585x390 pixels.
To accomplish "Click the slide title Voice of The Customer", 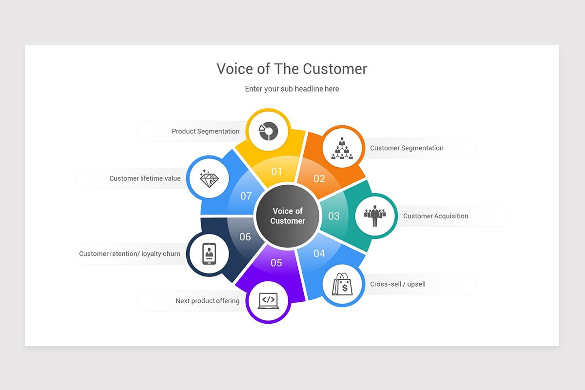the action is coord(292,69).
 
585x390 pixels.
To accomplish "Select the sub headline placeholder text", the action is coord(292,89).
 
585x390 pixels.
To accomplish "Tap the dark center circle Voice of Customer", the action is coord(288,216).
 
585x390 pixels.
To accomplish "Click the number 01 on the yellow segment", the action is coord(276,172).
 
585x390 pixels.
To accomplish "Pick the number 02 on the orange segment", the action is coord(319,179).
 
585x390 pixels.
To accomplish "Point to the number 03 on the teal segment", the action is coord(334,216).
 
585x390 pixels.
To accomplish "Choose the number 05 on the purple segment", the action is coord(276,263).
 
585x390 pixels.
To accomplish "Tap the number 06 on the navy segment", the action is coord(245,236).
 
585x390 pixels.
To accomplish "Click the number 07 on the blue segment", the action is coord(246,196).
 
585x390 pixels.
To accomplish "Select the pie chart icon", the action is coord(268,131).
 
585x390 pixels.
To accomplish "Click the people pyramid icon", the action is coord(342,148).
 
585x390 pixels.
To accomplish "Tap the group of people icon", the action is coord(375,216).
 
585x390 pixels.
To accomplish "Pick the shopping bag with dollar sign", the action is coord(342,284).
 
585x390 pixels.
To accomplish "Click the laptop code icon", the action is coord(268,301).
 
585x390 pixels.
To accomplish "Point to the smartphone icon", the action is coord(209,253).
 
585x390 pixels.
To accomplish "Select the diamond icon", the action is coord(209,179).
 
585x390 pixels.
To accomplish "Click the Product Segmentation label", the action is coord(206,131).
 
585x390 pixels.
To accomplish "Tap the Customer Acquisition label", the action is coord(436,216).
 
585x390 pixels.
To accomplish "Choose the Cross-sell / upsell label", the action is coord(398,284).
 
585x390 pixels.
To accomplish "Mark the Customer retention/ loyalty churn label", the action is coord(130,253).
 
